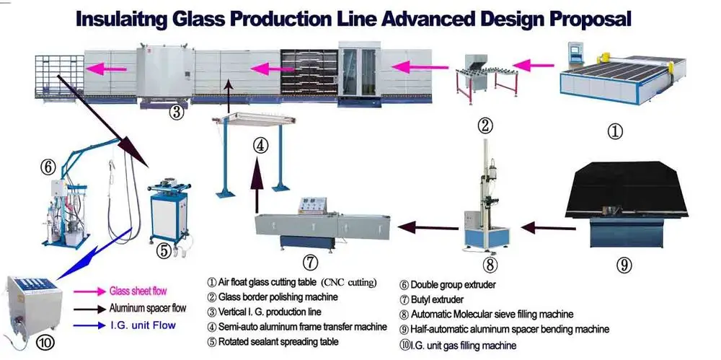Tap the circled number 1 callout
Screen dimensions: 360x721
pos(614,131)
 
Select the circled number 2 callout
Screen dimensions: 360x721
pos(486,125)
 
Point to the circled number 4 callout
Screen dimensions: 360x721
pos(261,144)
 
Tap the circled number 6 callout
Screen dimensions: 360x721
pos(48,167)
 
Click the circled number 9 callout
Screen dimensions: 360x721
pos(624,265)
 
